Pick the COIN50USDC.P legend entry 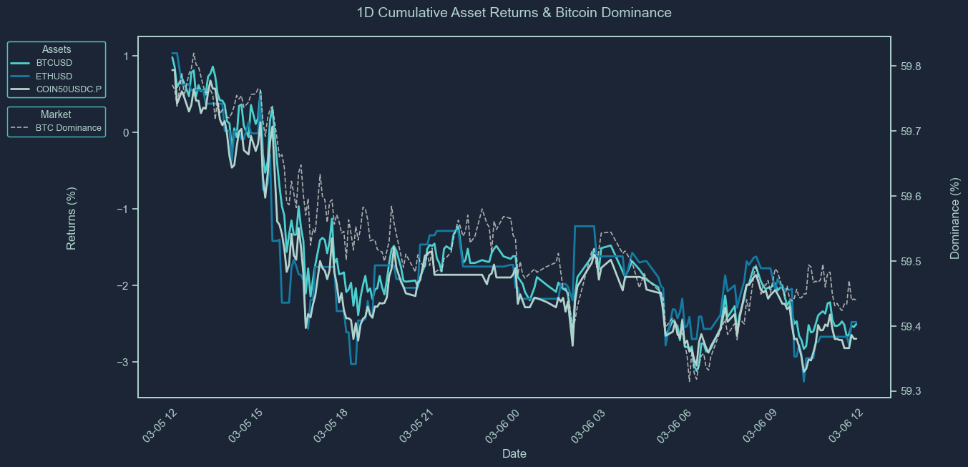pos(69,89)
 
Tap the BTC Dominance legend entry pos(68,128)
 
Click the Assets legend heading pos(57,49)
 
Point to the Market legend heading pos(56,114)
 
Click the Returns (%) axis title pos(72,218)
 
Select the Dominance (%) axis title pos(954,218)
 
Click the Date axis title pos(514,453)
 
